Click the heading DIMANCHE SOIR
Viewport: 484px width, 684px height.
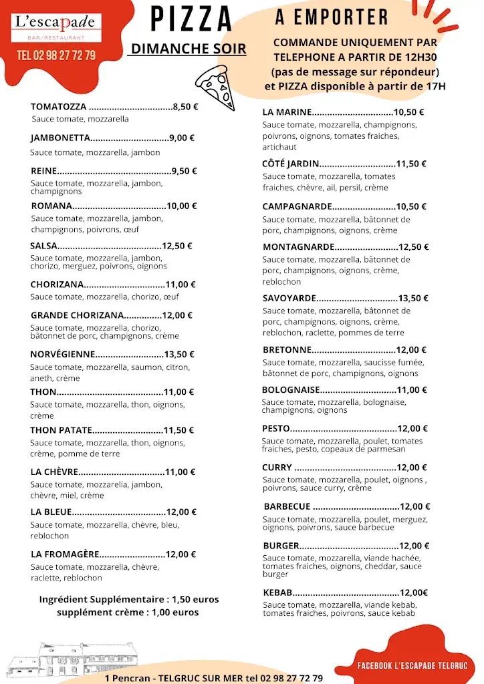point(189,49)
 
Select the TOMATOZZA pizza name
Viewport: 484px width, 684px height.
point(58,106)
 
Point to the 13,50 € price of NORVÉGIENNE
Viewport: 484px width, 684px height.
point(179,355)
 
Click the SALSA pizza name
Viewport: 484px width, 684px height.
point(43,246)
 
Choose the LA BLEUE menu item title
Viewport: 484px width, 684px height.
point(50,512)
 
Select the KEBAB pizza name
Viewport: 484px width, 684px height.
point(277,592)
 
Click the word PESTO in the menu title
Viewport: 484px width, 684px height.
point(276,429)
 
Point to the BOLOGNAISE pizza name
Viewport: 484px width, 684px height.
point(290,390)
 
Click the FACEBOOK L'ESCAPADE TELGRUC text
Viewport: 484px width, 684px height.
point(412,666)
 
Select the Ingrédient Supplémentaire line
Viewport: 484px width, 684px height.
point(128,599)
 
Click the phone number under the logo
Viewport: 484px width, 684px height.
point(56,55)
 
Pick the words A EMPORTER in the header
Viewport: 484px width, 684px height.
point(332,17)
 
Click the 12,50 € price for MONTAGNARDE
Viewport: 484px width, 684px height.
point(414,247)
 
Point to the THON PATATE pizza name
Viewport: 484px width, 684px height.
point(60,430)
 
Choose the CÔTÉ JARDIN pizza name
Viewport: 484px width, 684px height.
point(290,164)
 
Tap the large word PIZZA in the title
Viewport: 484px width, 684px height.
point(191,19)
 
